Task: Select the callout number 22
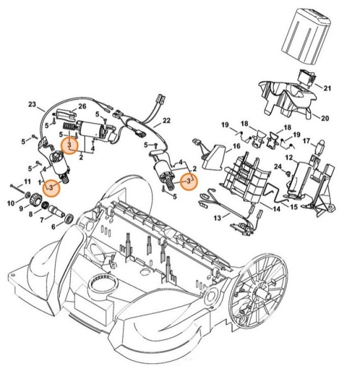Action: click(166, 120)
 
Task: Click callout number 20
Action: click(325, 118)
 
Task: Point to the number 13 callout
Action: click(218, 218)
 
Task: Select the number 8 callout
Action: click(30, 215)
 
